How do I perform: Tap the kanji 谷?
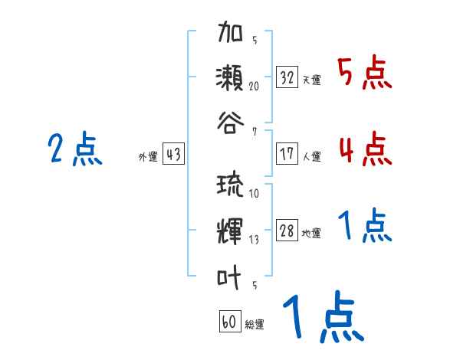click(231, 123)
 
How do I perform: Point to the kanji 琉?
click(231, 187)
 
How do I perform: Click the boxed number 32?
click(287, 77)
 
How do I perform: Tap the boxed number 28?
click(287, 231)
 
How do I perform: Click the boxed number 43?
click(173, 155)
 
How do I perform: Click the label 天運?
click(311, 80)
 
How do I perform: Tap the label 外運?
click(147, 157)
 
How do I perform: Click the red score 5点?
click(364, 74)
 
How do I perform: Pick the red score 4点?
click(364, 149)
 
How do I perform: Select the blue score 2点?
click(74, 149)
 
